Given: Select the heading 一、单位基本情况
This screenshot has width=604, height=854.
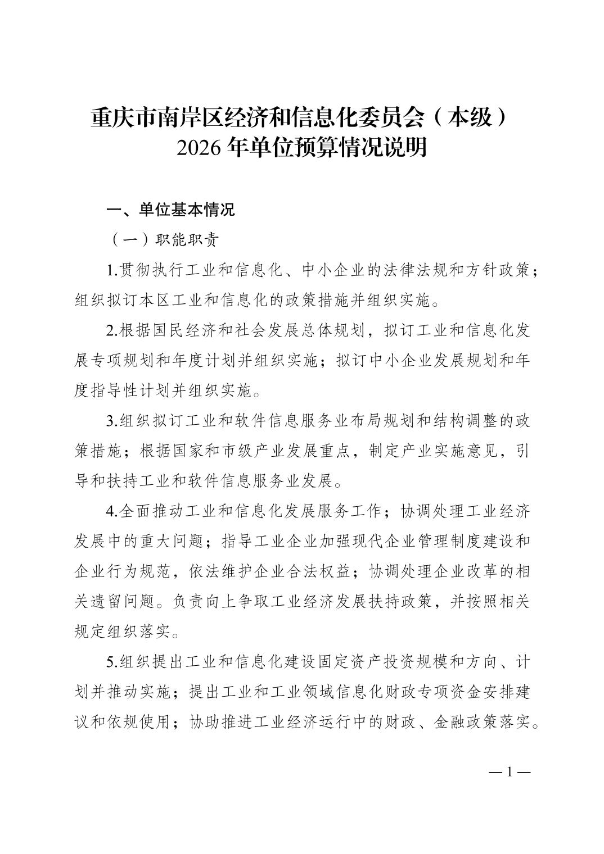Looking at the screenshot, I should point(171,210).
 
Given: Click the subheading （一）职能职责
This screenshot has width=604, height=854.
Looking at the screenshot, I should point(163,240).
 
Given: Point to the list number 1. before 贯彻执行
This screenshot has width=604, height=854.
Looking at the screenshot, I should point(112,271).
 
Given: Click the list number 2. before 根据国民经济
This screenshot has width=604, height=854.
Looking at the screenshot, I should point(112,330).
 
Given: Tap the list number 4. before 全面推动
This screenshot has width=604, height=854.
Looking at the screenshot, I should point(112,511).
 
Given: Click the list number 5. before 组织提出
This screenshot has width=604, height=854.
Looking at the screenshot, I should point(112,662).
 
